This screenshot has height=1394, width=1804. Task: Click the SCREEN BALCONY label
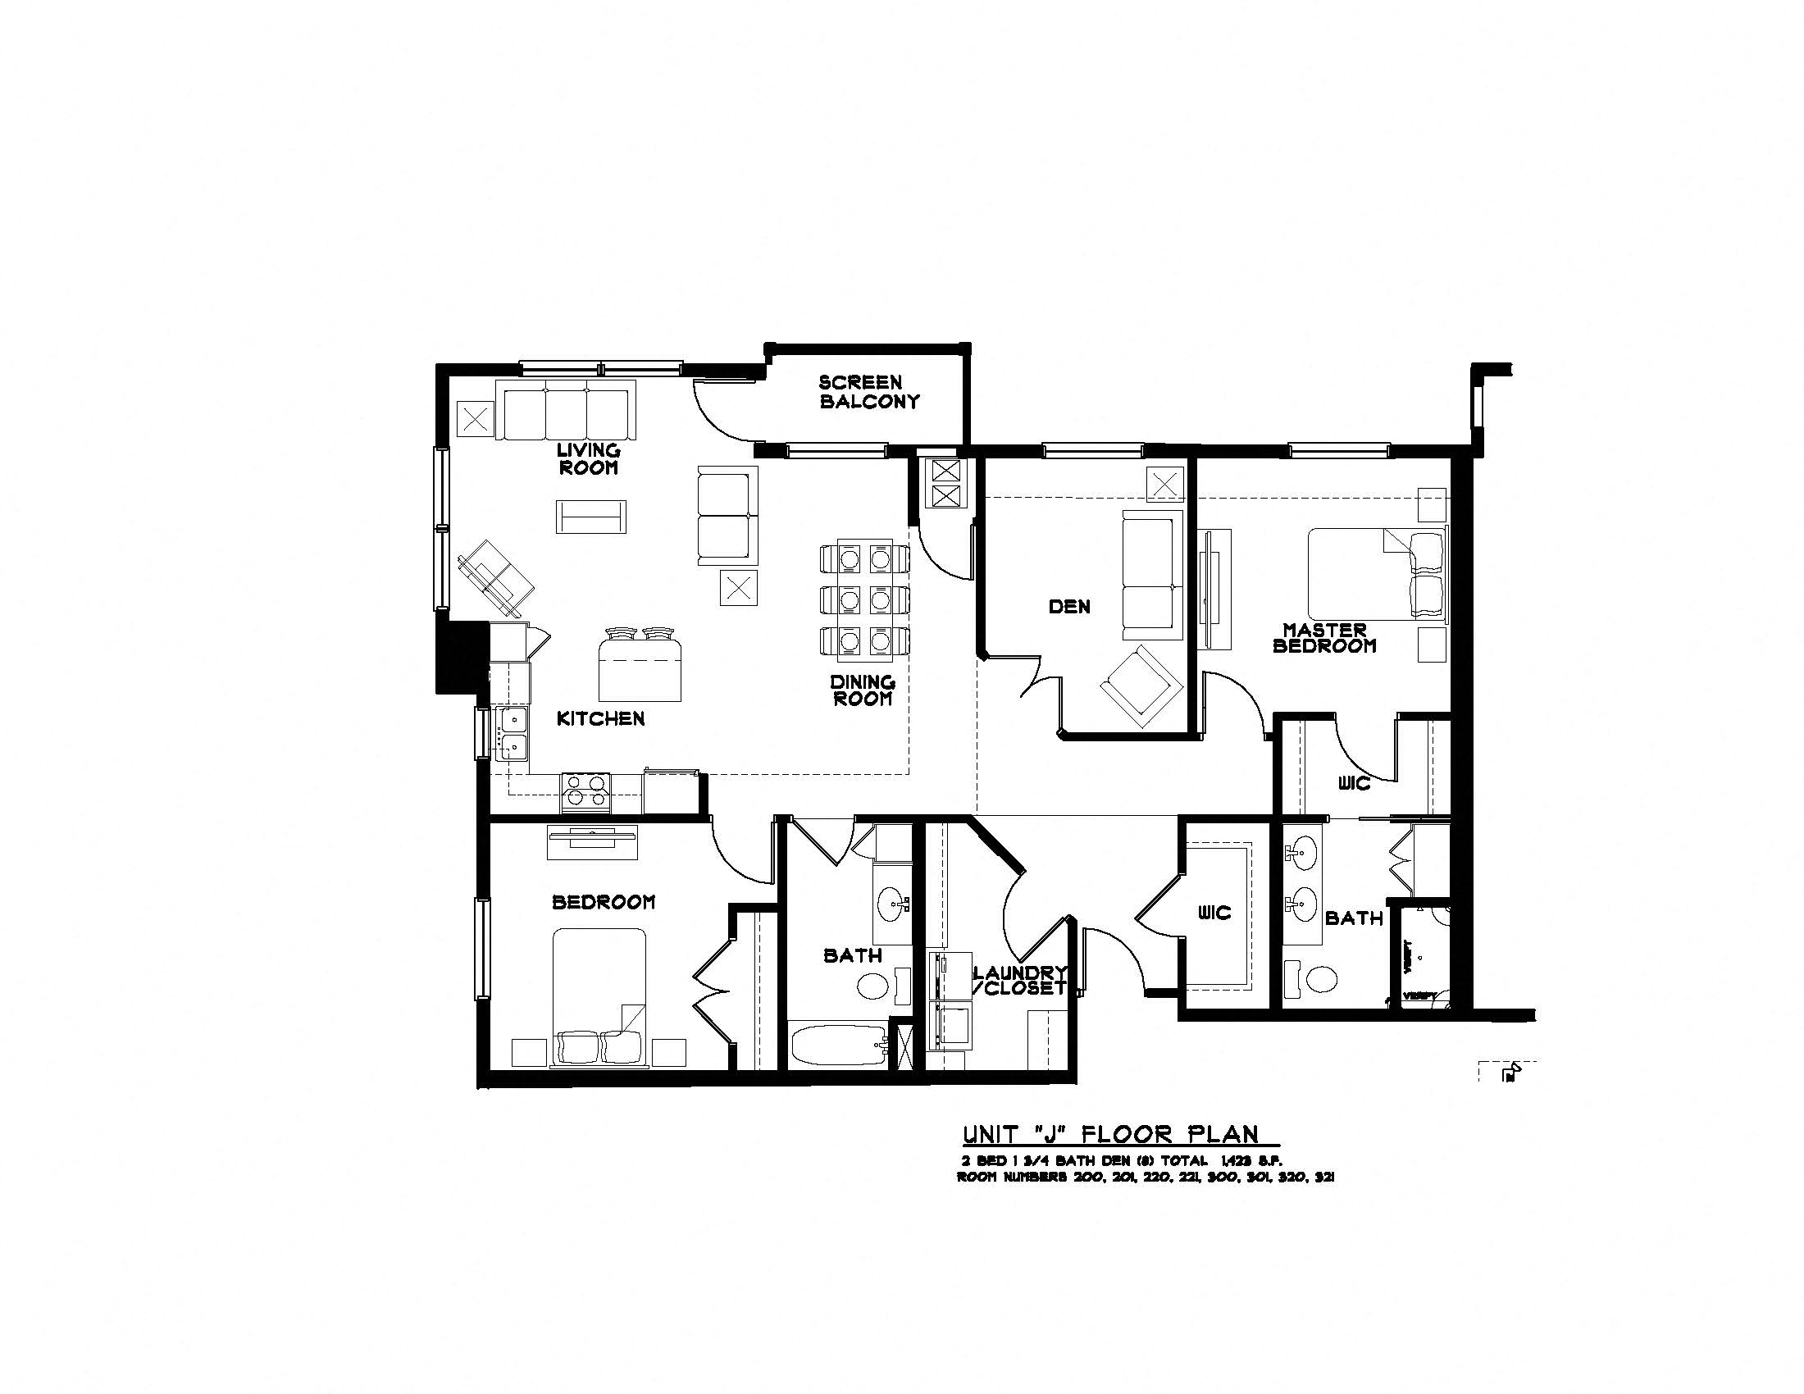(x=869, y=392)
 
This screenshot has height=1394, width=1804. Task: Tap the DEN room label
(x=1069, y=607)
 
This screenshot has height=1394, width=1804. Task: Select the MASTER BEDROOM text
(x=1324, y=638)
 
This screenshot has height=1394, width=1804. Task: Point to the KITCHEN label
(x=600, y=718)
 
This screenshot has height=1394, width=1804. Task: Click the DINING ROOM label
(x=863, y=690)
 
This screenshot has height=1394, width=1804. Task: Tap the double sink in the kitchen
(x=512, y=732)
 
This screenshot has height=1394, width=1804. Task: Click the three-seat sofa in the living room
(x=566, y=411)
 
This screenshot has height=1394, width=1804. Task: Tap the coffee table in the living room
(x=590, y=517)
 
